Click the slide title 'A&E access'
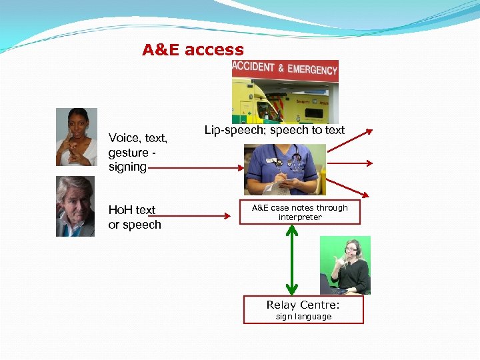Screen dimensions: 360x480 pyautogui.click(x=193, y=50)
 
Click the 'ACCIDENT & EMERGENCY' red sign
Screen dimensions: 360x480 pyautogui.click(x=285, y=69)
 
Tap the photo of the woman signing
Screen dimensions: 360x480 pyautogui.click(x=77, y=137)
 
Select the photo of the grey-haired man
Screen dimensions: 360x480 pyautogui.click(x=75, y=206)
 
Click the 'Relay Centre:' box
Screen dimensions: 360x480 pyautogui.click(x=303, y=309)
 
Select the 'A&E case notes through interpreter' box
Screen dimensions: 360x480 pyautogui.click(x=299, y=213)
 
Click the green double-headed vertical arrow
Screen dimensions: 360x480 pyautogui.click(x=291, y=260)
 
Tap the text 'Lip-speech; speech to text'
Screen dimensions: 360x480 pyautogui.click(x=274, y=130)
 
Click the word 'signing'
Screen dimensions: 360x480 pyautogui.click(x=127, y=167)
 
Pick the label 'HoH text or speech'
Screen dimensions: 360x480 pyautogui.click(x=135, y=217)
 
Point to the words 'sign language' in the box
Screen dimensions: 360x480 pyautogui.click(x=303, y=317)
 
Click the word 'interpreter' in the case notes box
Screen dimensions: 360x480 pyautogui.click(x=299, y=217)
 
